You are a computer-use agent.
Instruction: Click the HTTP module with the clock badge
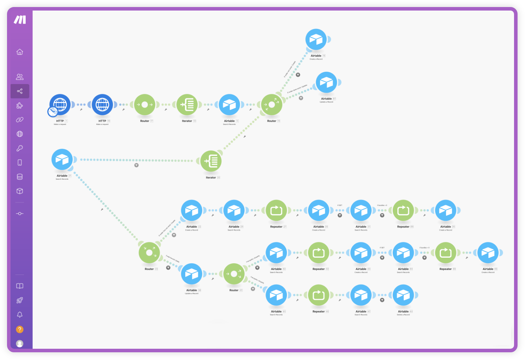pyautogui.click(x=60, y=104)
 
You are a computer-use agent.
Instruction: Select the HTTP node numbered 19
pyautogui.click(x=102, y=104)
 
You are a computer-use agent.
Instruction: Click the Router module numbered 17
pyautogui.click(x=145, y=104)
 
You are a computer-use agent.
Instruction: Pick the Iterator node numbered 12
pyautogui.click(x=187, y=104)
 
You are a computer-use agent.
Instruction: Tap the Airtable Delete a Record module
pyautogui.click(x=403, y=295)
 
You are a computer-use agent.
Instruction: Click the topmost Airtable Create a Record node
pyautogui.click(x=316, y=39)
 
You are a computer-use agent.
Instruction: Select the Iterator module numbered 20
pyautogui.click(x=211, y=161)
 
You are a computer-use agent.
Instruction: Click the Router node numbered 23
pyautogui.click(x=149, y=253)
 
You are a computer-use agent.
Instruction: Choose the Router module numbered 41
pyautogui.click(x=234, y=274)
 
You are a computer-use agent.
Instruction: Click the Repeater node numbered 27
pyautogui.click(x=276, y=210)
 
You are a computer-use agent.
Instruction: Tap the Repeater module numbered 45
pyautogui.click(x=319, y=295)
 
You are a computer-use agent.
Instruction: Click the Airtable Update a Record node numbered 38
pyautogui.click(x=192, y=274)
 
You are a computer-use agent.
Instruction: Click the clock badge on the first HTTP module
pyautogui.click(x=53, y=112)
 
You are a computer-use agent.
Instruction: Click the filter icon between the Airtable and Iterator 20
pyautogui.click(x=136, y=165)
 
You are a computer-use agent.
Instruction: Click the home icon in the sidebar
pyautogui.click(x=20, y=52)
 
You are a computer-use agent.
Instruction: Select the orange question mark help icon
pyautogui.click(x=20, y=329)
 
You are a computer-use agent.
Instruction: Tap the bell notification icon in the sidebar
pyautogui.click(x=20, y=315)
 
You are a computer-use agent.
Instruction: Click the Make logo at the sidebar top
pyautogui.click(x=20, y=20)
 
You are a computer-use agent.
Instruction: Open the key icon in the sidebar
pyautogui.click(x=20, y=148)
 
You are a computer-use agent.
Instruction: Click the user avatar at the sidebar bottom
pyautogui.click(x=20, y=343)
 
